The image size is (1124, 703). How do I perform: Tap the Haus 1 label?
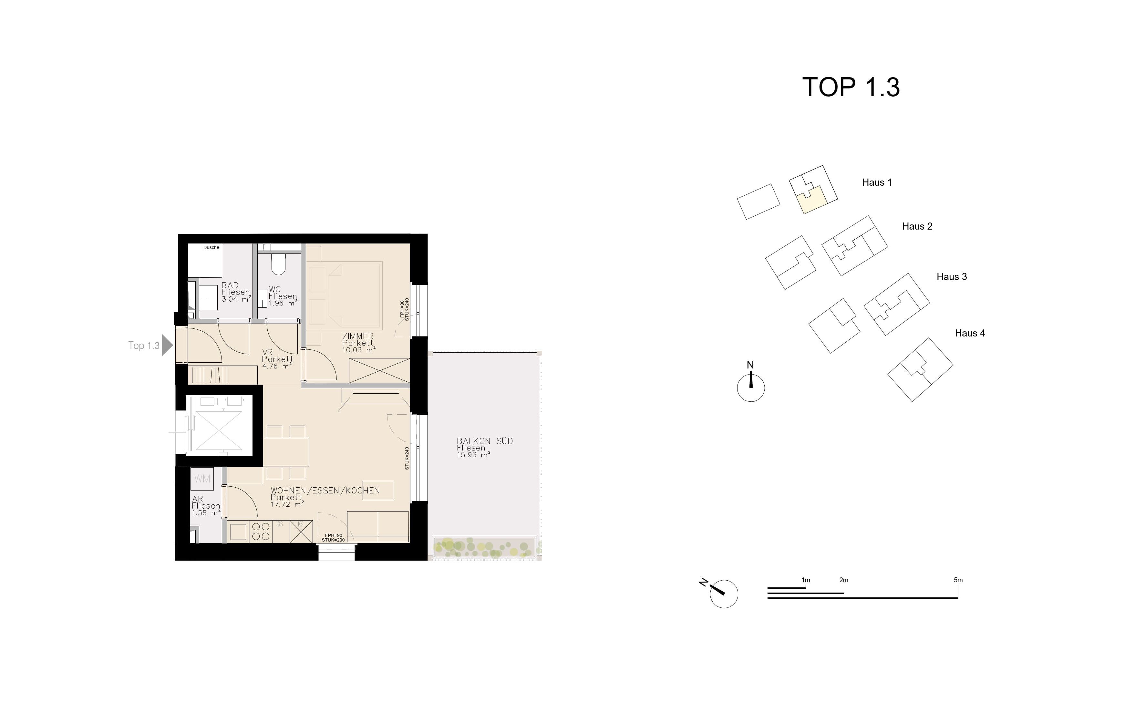click(x=877, y=182)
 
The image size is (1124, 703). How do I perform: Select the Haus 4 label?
click(x=970, y=333)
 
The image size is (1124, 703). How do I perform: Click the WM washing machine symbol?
click(x=202, y=479)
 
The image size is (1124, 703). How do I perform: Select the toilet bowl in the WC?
click(x=278, y=264)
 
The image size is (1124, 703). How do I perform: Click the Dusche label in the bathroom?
click(x=211, y=247)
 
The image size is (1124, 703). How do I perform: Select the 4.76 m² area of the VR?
click(x=277, y=366)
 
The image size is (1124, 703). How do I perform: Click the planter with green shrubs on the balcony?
click(x=485, y=547)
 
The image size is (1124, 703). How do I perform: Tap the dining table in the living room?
click(x=286, y=452)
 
